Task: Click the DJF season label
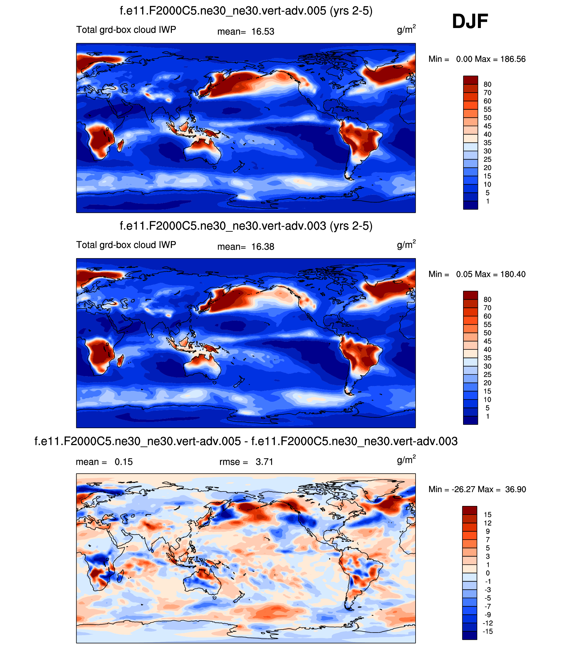pyautogui.click(x=470, y=21)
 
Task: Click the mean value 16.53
pyautogui.click(x=263, y=32)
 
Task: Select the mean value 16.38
pyautogui.click(x=263, y=247)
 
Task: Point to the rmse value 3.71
pyautogui.click(x=264, y=462)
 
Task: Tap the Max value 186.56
pyautogui.click(x=513, y=59)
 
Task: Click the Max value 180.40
pyautogui.click(x=513, y=274)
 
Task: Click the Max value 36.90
pyautogui.click(x=515, y=489)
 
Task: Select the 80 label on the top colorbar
pyautogui.click(x=487, y=84)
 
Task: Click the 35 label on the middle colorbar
pyautogui.click(x=487, y=358)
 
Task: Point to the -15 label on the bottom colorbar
pyautogui.click(x=487, y=632)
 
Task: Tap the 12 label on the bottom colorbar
pyautogui.click(x=487, y=523)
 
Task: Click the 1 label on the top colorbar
pyautogui.click(x=487, y=201)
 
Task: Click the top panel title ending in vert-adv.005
pyautogui.click(x=246, y=11)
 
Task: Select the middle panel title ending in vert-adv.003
pyautogui.click(x=246, y=226)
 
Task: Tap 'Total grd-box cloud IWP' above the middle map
pyautogui.click(x=126, y=245)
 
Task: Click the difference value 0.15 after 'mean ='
pyautogui.click(x=124, y=462)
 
